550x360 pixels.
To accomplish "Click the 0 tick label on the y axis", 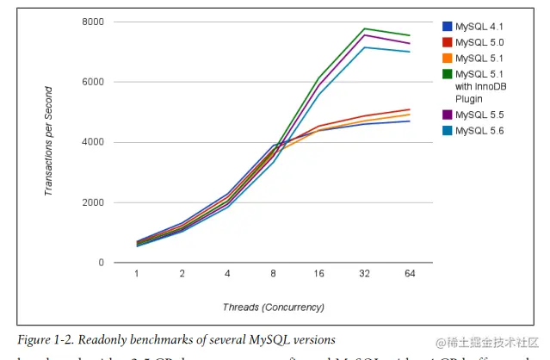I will (101, 263).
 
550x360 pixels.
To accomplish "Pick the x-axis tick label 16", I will (318, 275).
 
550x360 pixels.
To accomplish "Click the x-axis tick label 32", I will (364, 275).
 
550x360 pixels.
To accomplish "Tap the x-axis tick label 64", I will (410, 275).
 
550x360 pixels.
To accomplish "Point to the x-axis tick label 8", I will (274, 275).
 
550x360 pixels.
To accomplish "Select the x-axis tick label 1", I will (137, 275).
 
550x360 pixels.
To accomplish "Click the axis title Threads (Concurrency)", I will (272, 307).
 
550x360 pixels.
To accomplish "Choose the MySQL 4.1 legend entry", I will (479, 26).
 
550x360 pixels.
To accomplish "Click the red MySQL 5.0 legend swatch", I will (448, 42).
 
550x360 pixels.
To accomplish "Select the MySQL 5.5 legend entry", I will (479, 115).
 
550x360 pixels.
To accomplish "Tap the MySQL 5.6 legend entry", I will (479, 131).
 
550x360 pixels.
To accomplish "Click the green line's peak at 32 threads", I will (364, 28).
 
